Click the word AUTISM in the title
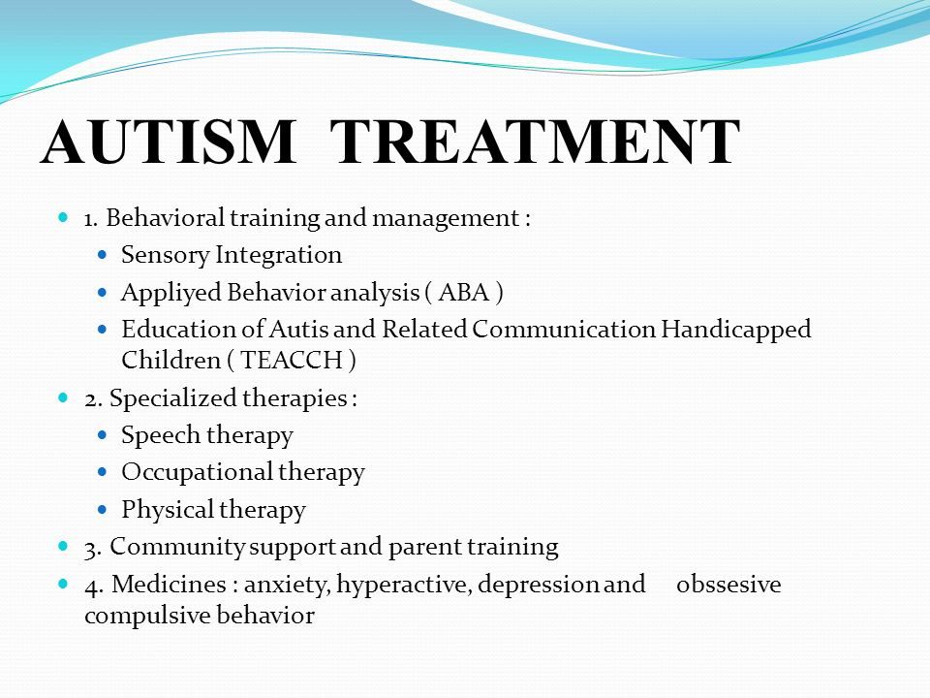pos(169,142)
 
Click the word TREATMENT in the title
pos(535,142)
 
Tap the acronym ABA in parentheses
pos(464,293)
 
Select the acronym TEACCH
pos(292,361)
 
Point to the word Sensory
pos(166,256)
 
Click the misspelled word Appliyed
pos(170,293)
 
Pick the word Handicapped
pos(735,330)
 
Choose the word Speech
pos(161,435)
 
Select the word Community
pos(176,548)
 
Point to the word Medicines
pos(169,584)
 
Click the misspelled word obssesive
pos(728,584)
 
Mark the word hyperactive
pos(405,586)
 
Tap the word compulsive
pos(147,617)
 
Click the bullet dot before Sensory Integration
pos(103,255)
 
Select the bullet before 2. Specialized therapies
pos(64,397)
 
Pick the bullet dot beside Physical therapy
pos(103,509)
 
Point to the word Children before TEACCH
pos(171,361)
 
